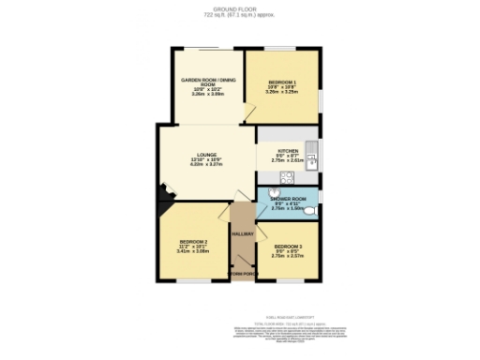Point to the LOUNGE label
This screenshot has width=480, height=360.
[207, 155]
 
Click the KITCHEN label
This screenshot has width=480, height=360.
[287, 151]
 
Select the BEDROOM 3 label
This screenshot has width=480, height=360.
[288, 246]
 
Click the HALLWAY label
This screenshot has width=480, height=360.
[244, 234]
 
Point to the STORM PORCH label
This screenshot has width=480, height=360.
[243, 274]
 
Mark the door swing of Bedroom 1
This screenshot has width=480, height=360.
[249, 115]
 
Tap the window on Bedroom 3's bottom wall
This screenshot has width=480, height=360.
[288, 282]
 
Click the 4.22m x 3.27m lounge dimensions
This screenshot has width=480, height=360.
[207, 165]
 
